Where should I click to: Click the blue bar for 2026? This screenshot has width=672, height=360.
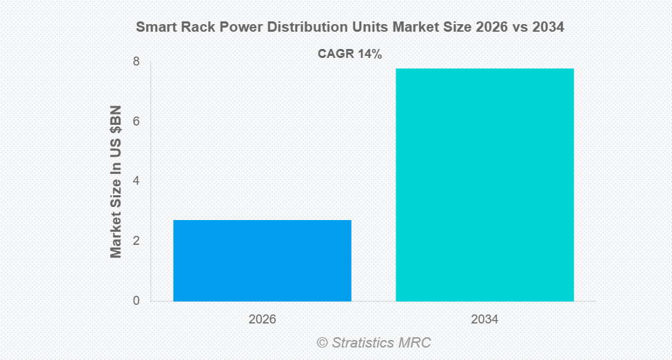(262, 261)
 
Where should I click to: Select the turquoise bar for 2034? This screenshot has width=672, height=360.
(485, 185)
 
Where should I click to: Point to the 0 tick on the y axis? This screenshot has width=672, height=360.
(136, 301)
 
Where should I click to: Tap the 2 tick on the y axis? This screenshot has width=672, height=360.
(136, 241)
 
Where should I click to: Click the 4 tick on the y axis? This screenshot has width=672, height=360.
(136, 181)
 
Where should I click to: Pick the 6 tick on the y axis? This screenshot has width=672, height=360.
(136, 121)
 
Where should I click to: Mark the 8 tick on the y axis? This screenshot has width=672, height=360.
(136, 61)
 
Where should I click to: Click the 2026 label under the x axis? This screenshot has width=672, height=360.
(262, 320)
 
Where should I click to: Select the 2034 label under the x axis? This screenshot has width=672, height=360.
(485, 320)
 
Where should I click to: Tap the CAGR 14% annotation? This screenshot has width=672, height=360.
(349, 54)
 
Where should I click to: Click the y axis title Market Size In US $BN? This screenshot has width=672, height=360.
(116, 182)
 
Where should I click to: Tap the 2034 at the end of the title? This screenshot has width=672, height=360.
(549, 28)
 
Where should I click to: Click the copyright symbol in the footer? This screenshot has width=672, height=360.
(322, 342)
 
